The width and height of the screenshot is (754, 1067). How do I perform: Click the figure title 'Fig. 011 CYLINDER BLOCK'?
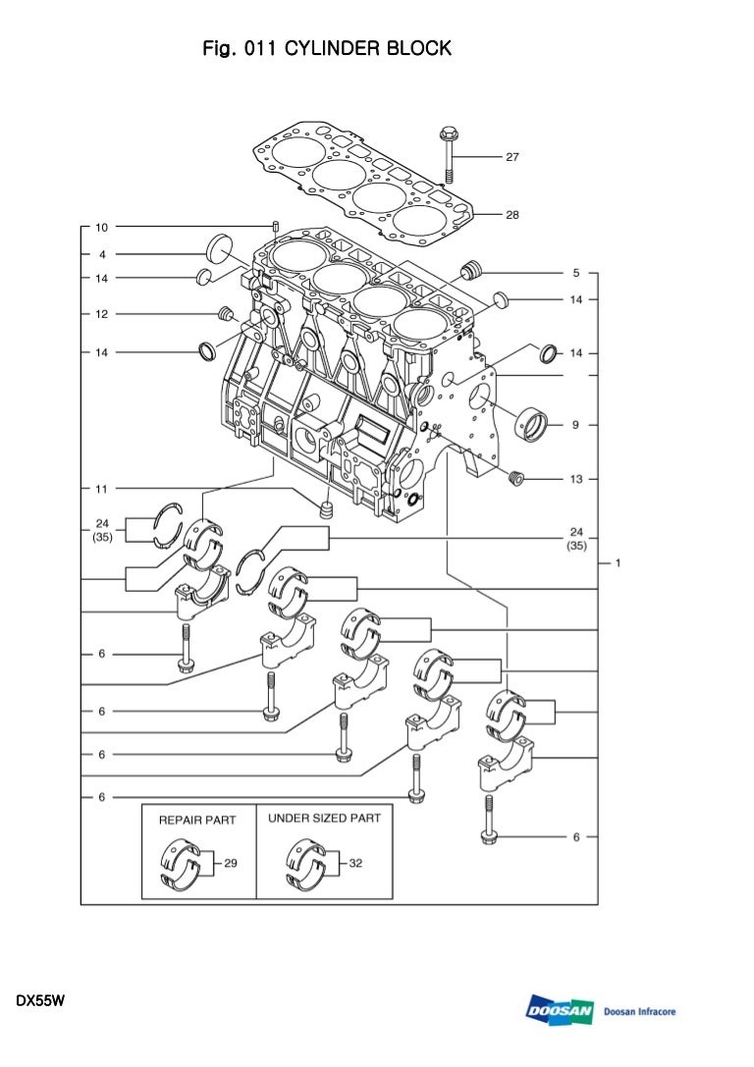[x=327, y=48]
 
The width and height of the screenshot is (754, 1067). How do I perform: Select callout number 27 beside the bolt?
[x=512, y=157]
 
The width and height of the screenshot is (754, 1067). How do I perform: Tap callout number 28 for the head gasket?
[x=512, y=214]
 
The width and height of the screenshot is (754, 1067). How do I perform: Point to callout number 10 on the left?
[x=101, y=227]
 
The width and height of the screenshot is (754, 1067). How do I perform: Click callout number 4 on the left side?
[x=101, y=253]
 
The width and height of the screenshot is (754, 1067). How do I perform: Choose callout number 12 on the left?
[x=101, y=314]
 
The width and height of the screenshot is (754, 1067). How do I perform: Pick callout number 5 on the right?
[x=576, y=272]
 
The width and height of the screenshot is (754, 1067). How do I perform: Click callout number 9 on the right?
[x=576, y=425]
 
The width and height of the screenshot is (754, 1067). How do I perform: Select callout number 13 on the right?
[x=576, y=479]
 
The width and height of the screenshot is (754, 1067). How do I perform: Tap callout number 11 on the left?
[x=101, y=488]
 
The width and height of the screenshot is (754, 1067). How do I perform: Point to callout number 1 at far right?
[x=618, y=563]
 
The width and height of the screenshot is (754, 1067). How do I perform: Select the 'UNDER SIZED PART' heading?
[x=324, y=818]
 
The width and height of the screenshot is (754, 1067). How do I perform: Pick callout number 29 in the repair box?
[x=231, y=864]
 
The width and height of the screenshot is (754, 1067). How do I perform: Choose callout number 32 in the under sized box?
[x=355, y=864]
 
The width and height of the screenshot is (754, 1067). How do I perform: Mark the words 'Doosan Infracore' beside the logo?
[x=639, y=1012]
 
